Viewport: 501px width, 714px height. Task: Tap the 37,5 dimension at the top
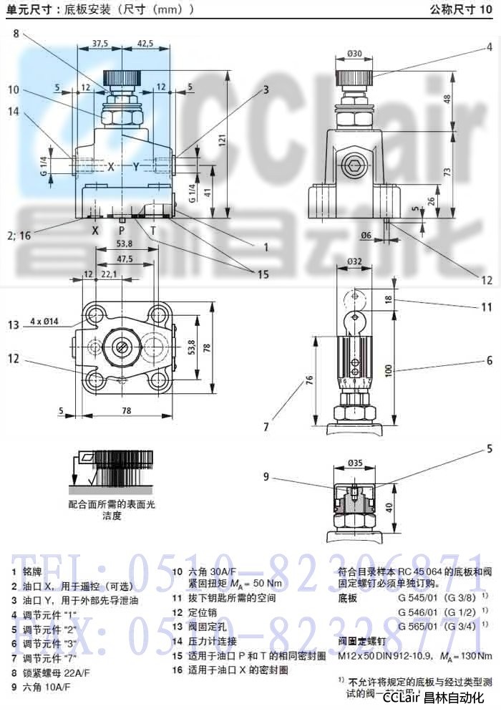pyautogui.click(x=100, y=44)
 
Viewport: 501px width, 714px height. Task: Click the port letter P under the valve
pyautogui.click(x=122, y=231)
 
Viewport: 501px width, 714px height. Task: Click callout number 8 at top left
pyautogui.click(x=16, y=33)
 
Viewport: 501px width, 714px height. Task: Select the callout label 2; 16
pyautogui.click(x=19, y=233)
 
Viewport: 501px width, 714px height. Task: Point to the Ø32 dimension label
pyautogui.click(x=356, y=261)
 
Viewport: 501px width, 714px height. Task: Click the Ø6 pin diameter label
pyautogui.click(x=366, y=236)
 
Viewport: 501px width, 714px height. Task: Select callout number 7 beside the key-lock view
pyautogui.click(x=266, y=427)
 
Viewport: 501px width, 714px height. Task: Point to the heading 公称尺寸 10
pyautogui.click(x=462, y=10)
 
